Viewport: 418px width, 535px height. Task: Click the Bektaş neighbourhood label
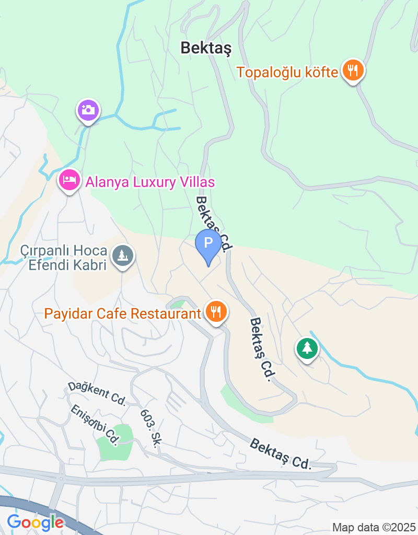click(x=206, y=48)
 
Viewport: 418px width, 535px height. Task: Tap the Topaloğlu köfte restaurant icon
click(x=353, y=70)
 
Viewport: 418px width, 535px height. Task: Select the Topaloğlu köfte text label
click(x=287, y=72)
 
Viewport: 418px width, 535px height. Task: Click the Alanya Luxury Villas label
click(x=150, y=182)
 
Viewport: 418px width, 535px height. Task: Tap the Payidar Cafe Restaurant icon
click(x=216, y=312)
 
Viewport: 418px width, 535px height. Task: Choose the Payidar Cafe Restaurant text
click(x=123, y=314)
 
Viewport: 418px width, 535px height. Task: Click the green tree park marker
click(x=307, y=348)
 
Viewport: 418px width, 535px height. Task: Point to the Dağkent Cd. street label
click(x=97, y=393)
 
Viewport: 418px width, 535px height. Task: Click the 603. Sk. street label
click(x=149, y=427)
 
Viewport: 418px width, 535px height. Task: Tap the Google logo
click(x=36, y=521)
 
